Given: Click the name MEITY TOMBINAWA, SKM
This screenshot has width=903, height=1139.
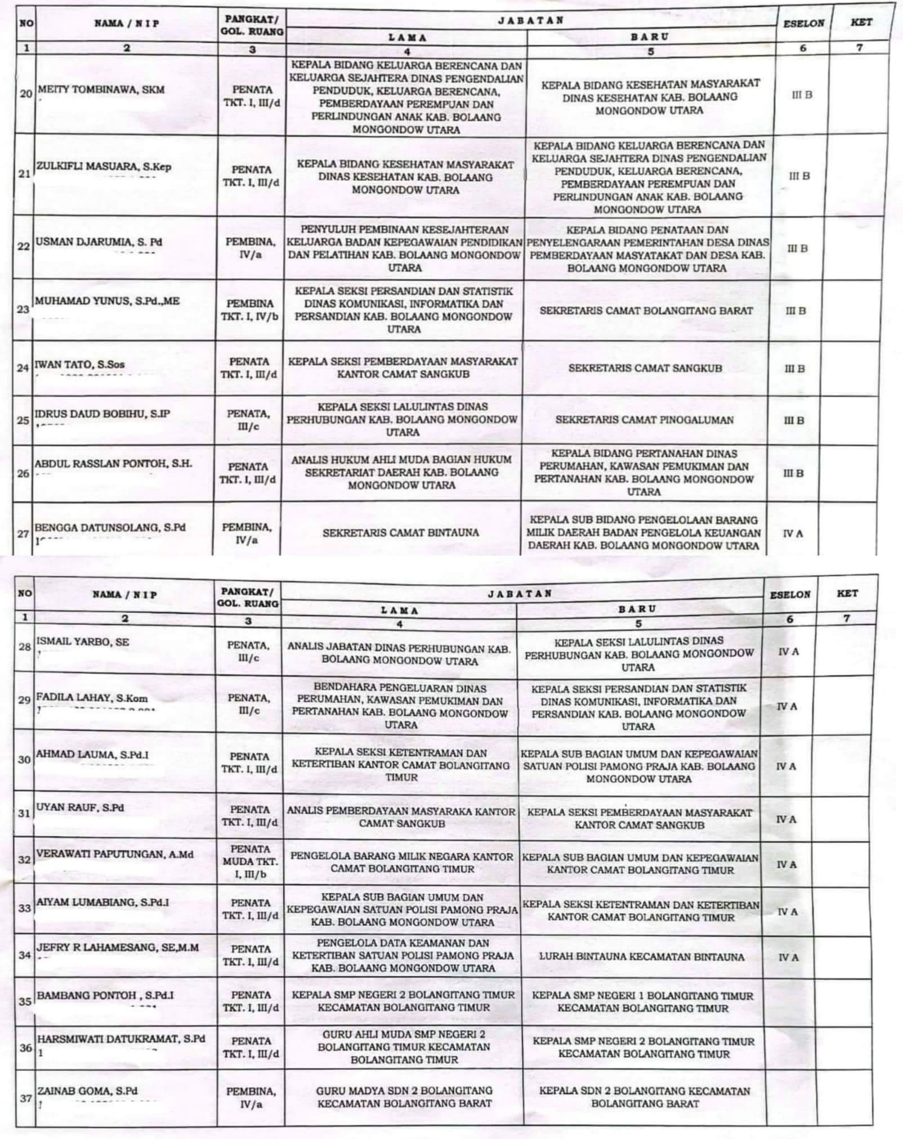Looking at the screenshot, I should coord(101,90).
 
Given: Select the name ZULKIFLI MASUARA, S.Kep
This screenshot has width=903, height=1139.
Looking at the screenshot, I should coord(104,167).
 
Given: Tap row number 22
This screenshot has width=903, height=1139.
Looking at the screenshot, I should coord(24,246).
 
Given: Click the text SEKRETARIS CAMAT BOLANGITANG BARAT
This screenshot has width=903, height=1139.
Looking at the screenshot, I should coord(646,311).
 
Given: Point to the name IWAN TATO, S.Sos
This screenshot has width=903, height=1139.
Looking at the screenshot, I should coord(79,365).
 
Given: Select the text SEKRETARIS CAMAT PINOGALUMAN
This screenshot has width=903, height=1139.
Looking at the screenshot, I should coord(644,420).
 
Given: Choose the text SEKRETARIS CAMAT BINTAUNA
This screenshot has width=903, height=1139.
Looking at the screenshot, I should coord(400,532).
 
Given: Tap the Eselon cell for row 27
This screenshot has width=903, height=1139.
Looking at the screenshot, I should coord(792,533).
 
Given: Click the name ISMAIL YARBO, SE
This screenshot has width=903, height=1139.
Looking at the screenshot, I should coord(82,642).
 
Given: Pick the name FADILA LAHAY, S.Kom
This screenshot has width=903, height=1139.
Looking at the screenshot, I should coord(92,698).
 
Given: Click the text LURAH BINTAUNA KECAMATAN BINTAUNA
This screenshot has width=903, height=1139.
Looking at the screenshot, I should coord(641,957).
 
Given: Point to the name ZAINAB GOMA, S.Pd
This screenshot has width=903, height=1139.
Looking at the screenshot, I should coord(87,1091).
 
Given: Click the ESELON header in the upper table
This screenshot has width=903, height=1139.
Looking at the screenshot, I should coord(803,24).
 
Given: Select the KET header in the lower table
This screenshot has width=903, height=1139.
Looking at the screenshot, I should coord(847,594).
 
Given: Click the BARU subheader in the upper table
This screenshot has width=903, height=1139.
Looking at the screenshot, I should coord(650,37).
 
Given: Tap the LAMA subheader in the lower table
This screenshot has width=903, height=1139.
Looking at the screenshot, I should coord(399,611).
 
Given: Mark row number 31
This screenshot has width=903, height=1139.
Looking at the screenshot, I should coord(24,813).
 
